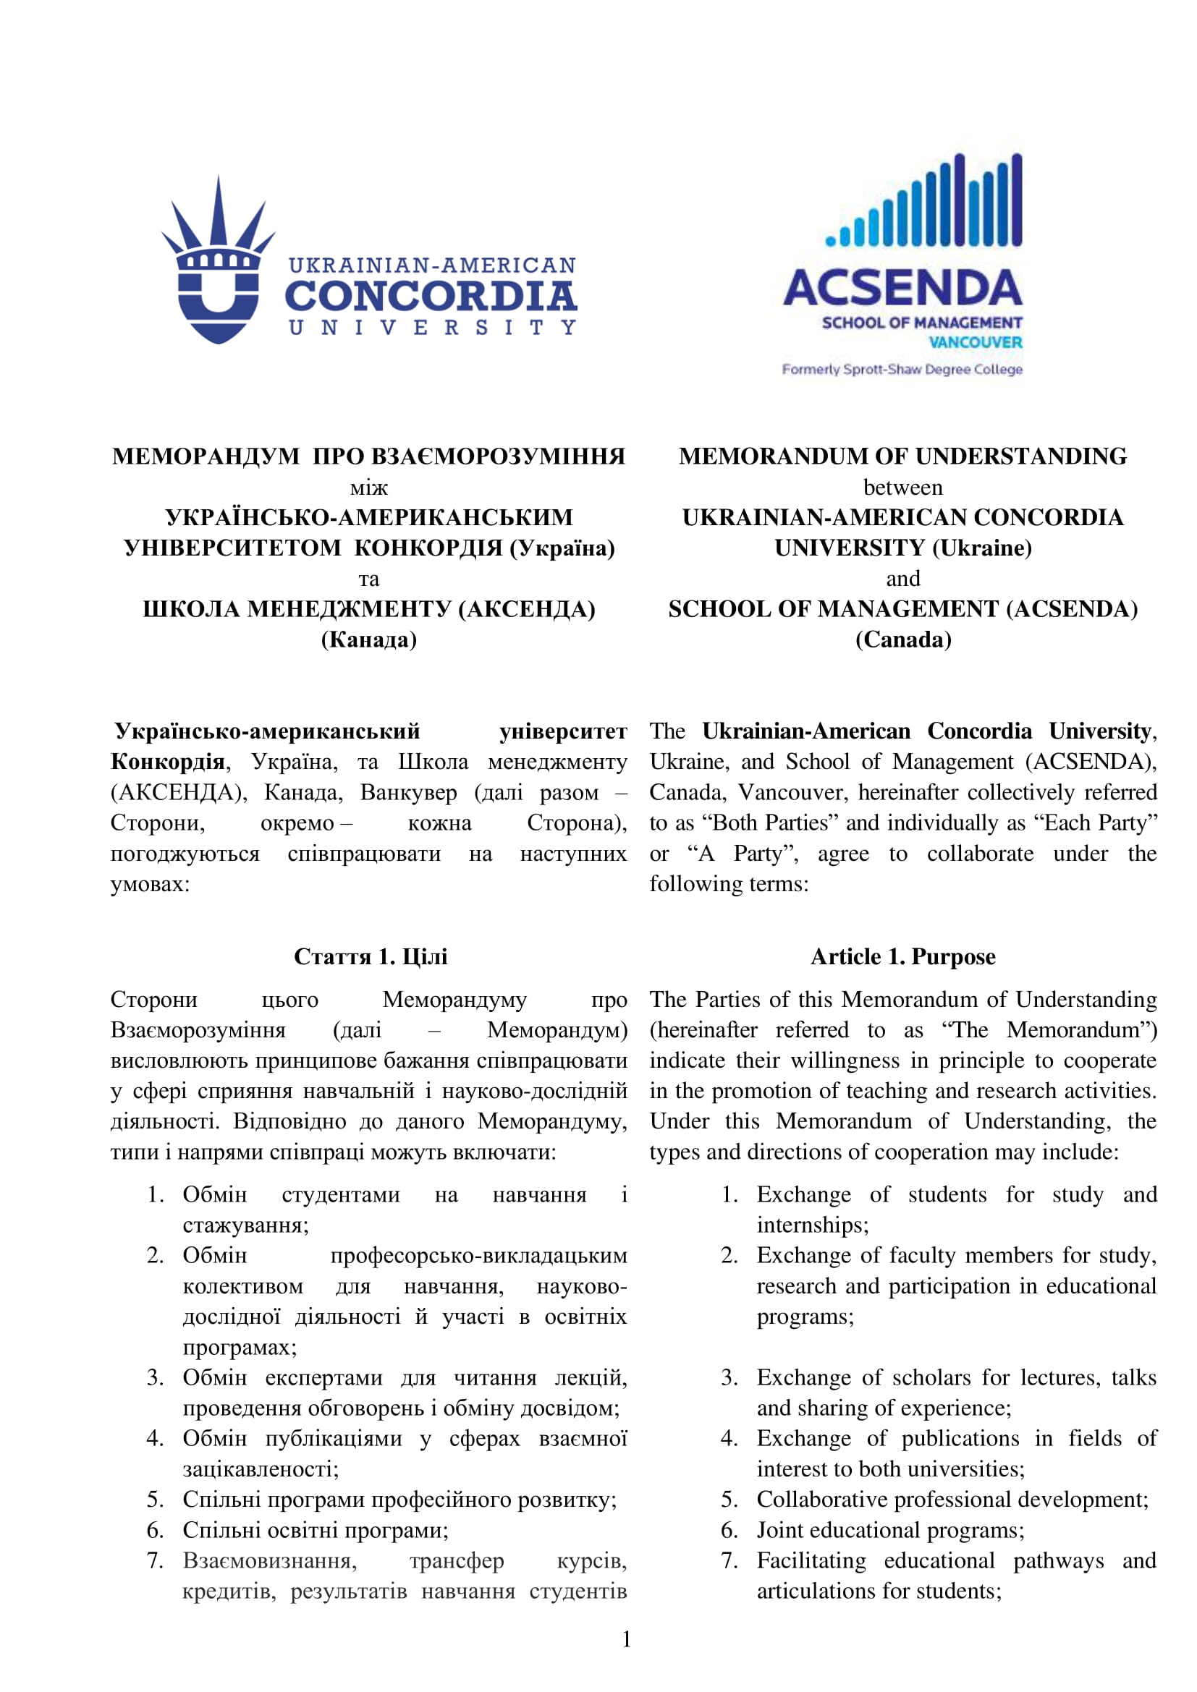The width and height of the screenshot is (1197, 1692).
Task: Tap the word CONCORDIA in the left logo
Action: (431, 296)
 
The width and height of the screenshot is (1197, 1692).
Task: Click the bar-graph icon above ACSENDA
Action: (924, 200)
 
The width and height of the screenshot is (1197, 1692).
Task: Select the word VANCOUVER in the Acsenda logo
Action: (974, 343)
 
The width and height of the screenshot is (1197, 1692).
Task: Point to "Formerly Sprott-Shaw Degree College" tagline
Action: (902, 369)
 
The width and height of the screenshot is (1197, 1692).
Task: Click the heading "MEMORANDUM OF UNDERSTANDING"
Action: (902, 456)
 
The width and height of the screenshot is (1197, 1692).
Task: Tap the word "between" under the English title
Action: (902, 487)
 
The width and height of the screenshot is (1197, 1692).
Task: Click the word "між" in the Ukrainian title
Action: (368, 487)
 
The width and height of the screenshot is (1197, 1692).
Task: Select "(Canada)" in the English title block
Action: (903, 639)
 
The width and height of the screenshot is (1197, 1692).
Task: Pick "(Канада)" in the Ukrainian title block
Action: (368, 639)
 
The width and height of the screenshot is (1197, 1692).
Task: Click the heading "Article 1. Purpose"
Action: (902, 956)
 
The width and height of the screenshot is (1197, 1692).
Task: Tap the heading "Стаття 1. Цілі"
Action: (370, 956)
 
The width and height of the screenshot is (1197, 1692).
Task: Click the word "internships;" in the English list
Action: (812, 1225)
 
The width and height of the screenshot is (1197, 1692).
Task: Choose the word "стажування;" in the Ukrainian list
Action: (245, 1225)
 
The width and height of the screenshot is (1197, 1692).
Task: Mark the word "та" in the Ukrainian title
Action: (368, 579)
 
